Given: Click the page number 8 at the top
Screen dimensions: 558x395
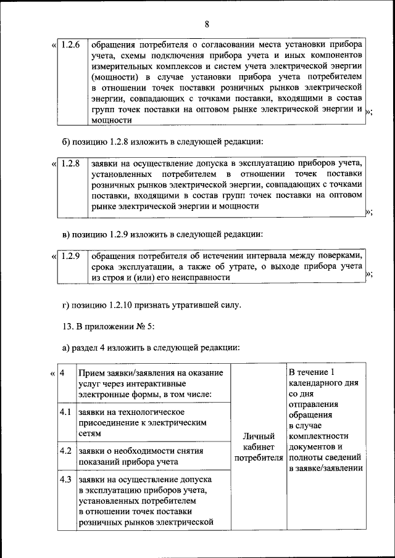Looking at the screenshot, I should (x=207, y=25).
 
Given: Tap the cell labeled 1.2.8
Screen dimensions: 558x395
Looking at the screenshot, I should (x=72, y=163).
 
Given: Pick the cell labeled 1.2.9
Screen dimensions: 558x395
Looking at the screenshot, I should (x=72, y=256).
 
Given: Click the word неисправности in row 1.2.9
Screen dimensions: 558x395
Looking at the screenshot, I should (x=194, y=278).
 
